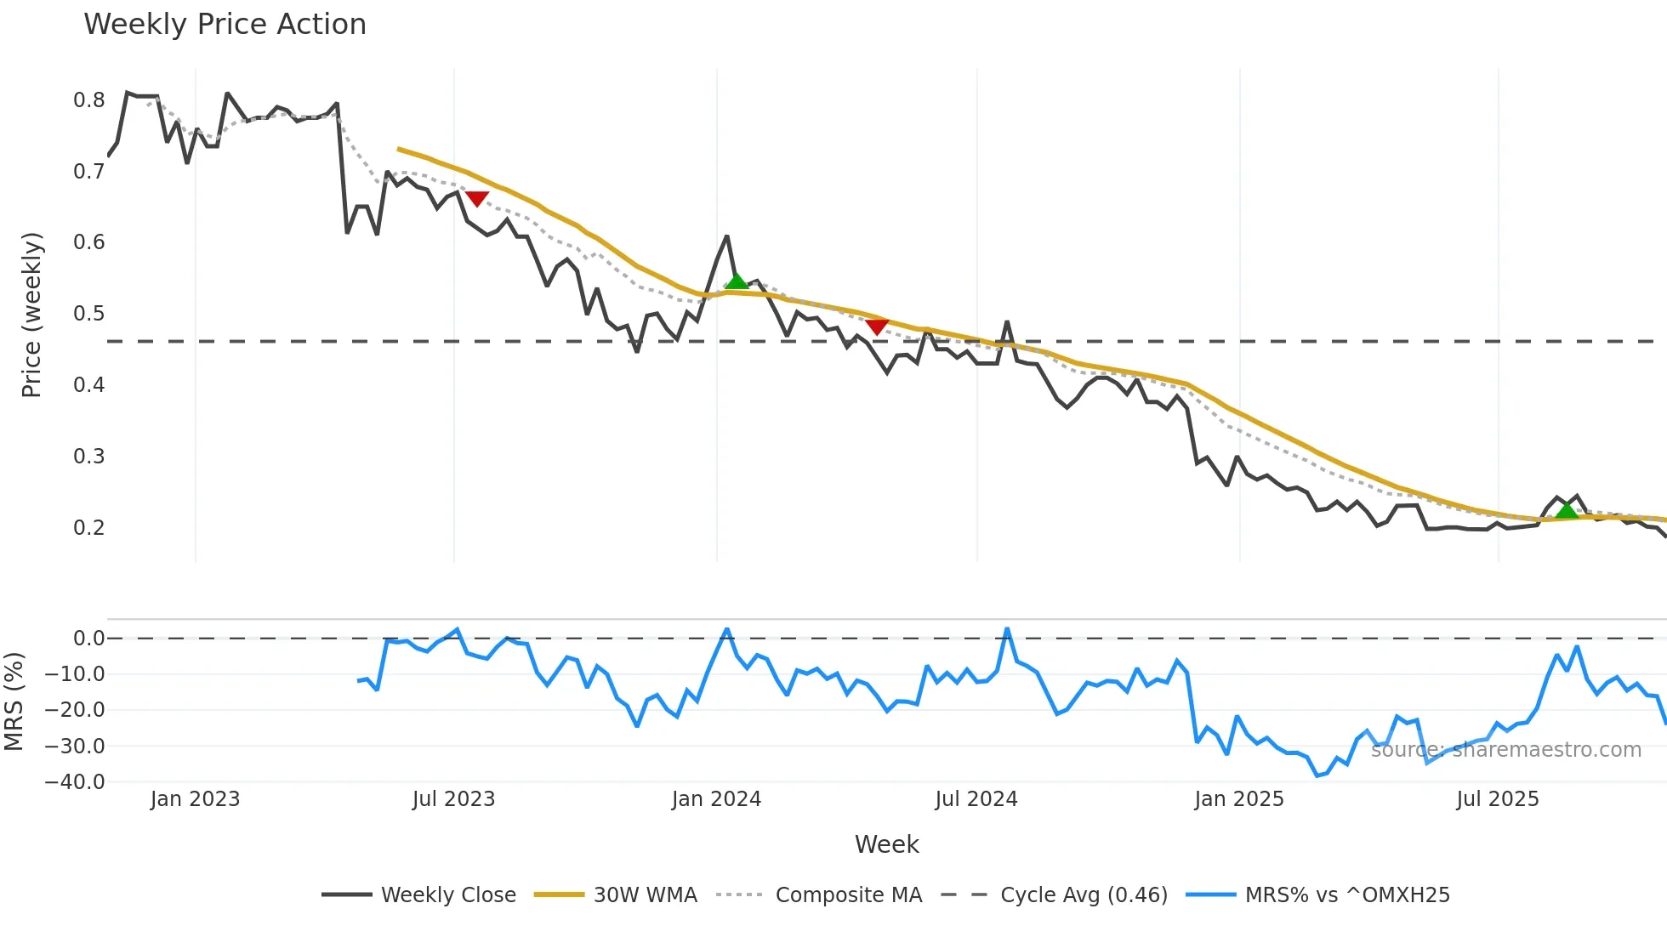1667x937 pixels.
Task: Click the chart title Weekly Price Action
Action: [x=225, y=25]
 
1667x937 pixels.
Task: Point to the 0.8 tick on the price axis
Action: [x=89, y=100]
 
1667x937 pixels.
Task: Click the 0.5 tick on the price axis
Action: [x=89, y=314]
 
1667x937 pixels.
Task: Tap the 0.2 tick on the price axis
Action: [x=89, y=527]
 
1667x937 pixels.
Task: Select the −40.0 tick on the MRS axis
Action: [x=75, y=781]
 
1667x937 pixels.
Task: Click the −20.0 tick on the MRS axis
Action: [x=75, y=710]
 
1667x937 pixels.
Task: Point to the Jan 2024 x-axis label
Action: [x=716, y=799]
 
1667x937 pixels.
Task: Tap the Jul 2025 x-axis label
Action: [x=1497, y=799]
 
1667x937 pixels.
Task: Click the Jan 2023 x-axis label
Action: [x=195, y=799]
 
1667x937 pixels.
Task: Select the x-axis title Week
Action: [x=886, y=844]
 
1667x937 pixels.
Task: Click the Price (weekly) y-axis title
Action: [x=31, y=315]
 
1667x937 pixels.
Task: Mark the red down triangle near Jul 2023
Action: [x=477, y=198]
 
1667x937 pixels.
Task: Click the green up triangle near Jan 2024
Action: [x=737, y=281]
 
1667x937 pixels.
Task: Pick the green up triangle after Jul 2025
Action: [x=1567, y=510]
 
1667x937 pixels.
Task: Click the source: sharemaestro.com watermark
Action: [x=1505, y=750]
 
